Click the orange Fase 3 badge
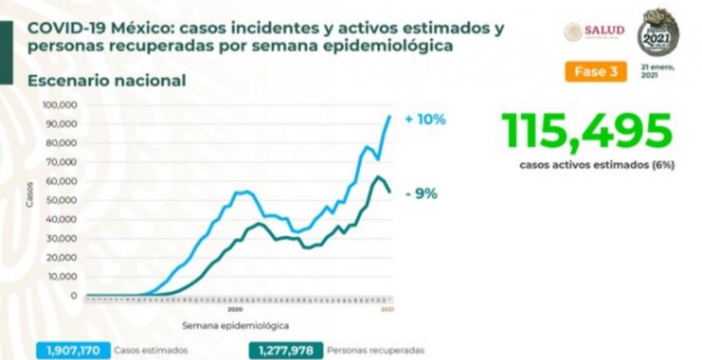(x=595, y=72)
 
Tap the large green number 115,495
(x=586, y=132)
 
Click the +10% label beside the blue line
(x=425, y=119)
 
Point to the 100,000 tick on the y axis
(x=61, y=105)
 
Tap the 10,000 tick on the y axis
(x=63, y=276)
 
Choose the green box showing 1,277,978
(x=285, y=350)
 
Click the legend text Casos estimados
(x=152, y=350)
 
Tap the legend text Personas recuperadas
(x=376, y=350)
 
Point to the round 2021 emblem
(x=657, y=32)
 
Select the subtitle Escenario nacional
(x=107, y=80)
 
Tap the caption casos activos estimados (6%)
(x=588, y=165)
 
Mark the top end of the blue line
(x=390, y=116)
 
